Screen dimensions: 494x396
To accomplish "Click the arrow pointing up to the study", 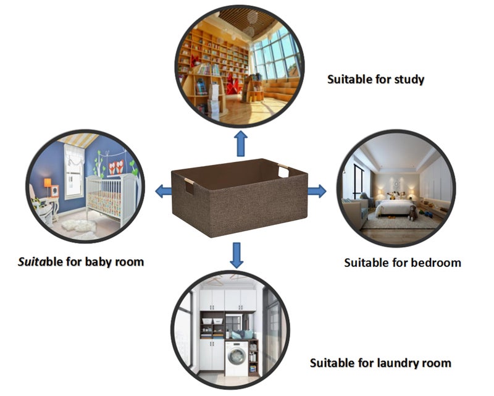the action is coord(241,143).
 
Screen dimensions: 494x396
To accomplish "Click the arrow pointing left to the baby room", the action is coord(164,191).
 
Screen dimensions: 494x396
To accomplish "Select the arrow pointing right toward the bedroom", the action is coord(317,191).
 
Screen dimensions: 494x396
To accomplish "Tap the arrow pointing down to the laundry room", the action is coord(237,255).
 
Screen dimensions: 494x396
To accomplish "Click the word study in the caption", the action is coord(409,79).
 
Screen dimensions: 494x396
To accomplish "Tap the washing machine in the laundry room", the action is coord(237,358).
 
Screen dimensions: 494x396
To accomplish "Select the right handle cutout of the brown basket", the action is coord(283,171).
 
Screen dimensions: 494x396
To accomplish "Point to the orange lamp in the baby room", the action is coord(48,186).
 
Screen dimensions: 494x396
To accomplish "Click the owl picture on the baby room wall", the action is coord(116,167).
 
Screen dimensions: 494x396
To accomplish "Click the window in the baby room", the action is coord(74,172).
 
